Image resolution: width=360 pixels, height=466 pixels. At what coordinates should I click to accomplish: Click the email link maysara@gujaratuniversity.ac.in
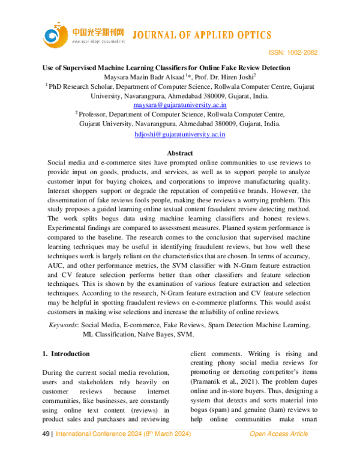(x=179, y=105)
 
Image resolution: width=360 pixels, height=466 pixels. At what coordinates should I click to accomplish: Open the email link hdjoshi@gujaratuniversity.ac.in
(x=179, y=135)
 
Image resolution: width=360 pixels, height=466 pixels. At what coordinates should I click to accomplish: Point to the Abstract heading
(x=179, y=153)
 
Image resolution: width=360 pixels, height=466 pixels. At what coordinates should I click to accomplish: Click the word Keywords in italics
(x=62, y=325)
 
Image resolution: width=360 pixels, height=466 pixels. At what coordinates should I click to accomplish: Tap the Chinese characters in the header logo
(x=98, y=31)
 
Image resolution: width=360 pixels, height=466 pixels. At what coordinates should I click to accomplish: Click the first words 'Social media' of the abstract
(x=67, y=163)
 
